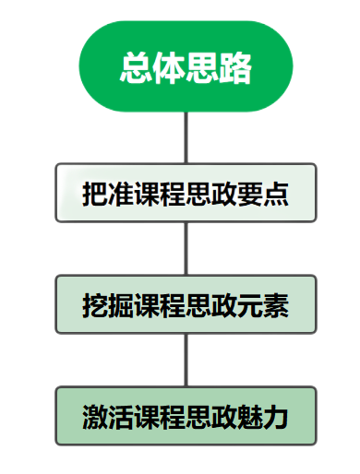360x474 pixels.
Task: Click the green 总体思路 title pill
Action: click(x=186, y=66)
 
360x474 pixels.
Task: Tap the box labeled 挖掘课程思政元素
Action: click(x=186, y=303)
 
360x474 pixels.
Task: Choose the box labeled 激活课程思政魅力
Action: click(x=186, y=416)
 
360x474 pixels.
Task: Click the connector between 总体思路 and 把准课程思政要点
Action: click(x=186, y=136)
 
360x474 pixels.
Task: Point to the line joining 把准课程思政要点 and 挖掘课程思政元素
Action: click(x=186, y=248)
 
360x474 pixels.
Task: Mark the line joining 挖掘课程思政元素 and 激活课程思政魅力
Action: click(x=186, y=360)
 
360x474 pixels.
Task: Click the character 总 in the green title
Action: click(x=137, y=67)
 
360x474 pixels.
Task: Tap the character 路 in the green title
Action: click(x=234, y=67)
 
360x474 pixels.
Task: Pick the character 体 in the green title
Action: click(x=169, y=67)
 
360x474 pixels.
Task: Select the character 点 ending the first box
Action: click(x=276, y=194)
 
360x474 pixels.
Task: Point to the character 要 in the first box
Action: click(x=250, y=194)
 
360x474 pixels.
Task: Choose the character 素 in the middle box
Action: click(x=276, y=304)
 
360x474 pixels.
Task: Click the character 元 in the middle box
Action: click(x=250, y=304)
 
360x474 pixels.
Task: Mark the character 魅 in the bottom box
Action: click(x=250, y=417)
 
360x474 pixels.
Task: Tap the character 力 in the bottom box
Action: click(x=276, y=417)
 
